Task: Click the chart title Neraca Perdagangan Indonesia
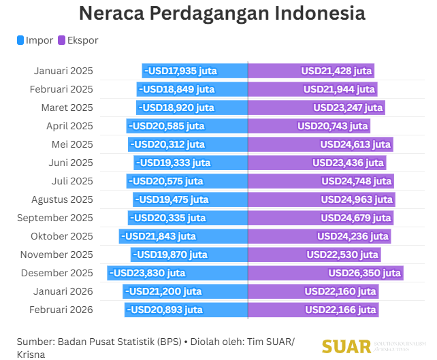(x=221, y=14)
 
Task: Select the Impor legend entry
(x=35, y=40)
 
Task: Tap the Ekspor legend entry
(x=78, y=40)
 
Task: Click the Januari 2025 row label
(x=63, y=71)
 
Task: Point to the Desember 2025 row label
(x=57, y=273)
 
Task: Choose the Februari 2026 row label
(x=61, y=310)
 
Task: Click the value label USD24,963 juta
(x=357, y=199)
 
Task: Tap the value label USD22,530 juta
(x=342, y=255)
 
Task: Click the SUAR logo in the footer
(x=347, y=346)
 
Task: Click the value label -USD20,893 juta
(x=166, y=310)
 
